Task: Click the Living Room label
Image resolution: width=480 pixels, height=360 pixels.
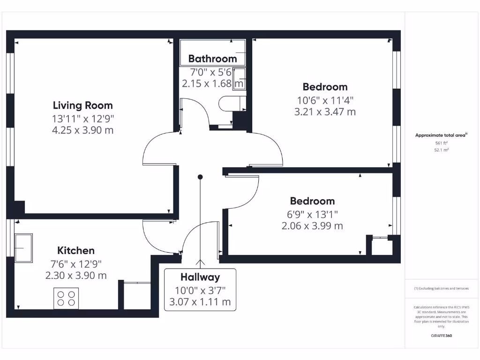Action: point(82,105)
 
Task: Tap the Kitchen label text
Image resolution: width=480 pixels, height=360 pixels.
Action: point(76,250)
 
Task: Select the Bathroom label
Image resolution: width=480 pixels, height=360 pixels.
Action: point(212,59)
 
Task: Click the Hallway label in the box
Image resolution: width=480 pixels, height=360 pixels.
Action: point(200,277)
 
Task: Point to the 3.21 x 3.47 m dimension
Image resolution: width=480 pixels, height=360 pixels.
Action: point(325,112)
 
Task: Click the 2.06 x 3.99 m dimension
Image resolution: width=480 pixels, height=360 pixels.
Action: point(312,226)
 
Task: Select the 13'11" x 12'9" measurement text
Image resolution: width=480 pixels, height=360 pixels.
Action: point(82,118)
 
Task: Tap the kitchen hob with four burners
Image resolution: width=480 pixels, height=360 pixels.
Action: point(66,299)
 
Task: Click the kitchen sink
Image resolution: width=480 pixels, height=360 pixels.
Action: point(23,247)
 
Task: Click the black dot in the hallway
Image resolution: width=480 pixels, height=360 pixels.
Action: point(200,177)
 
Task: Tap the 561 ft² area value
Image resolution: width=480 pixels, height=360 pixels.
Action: point(441,143)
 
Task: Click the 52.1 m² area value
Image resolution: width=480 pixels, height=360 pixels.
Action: point(441,150)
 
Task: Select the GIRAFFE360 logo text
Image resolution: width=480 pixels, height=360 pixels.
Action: point(441,336)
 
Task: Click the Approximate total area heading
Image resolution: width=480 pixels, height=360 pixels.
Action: point(441,135)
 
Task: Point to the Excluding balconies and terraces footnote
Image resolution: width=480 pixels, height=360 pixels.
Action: point(441,289)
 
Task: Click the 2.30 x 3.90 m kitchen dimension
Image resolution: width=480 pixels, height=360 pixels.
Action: point(76,276)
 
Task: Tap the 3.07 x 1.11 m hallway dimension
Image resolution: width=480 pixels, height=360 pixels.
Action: point(200,302)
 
